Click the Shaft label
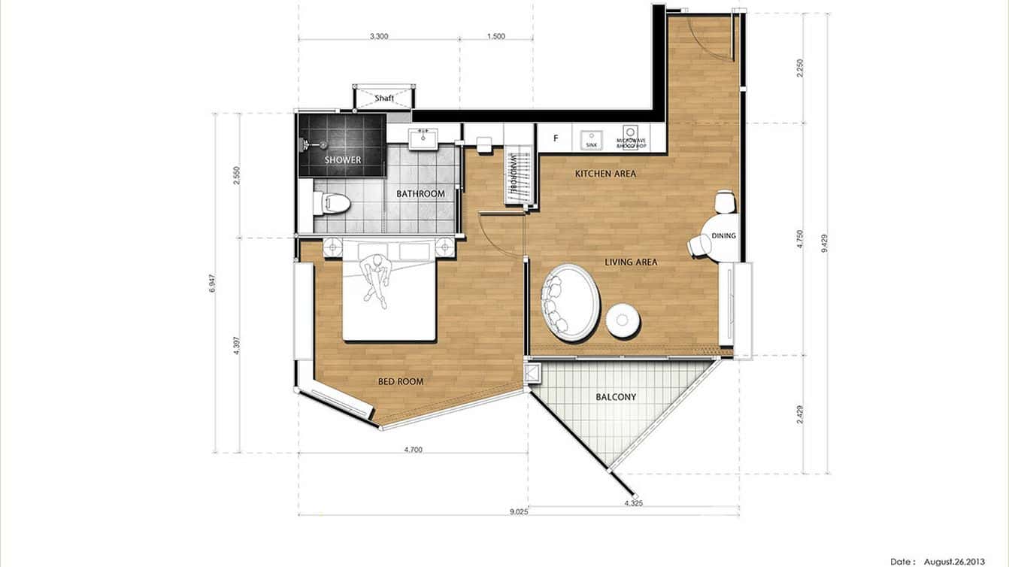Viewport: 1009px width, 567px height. click(x=384, y=99)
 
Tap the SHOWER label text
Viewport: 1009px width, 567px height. click(x=343, y=160)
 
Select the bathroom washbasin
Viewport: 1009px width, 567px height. click(x=423, y=138)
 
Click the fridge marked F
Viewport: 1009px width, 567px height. click(x=556, y=138)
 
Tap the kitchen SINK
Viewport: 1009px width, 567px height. click(x=591, y=138)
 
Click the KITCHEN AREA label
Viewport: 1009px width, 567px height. click(x=605, y=174)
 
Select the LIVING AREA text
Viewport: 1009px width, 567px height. click(x=632, y=262)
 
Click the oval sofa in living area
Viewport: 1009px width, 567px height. click(x=571, y=302)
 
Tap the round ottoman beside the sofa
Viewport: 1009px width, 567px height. click(x=623, y=321)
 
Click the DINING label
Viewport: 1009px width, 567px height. click(x=723, y=236)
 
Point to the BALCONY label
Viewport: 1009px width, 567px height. click(x=616, y=397)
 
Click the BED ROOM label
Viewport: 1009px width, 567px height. click(x=400, y=382)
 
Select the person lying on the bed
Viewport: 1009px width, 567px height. click(x=374, y=278)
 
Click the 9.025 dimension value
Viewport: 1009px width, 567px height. click(x=518, y=512)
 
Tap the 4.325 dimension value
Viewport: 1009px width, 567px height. click(x=633, y=502)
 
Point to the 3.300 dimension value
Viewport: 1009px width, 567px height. click(x=380, y=36)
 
